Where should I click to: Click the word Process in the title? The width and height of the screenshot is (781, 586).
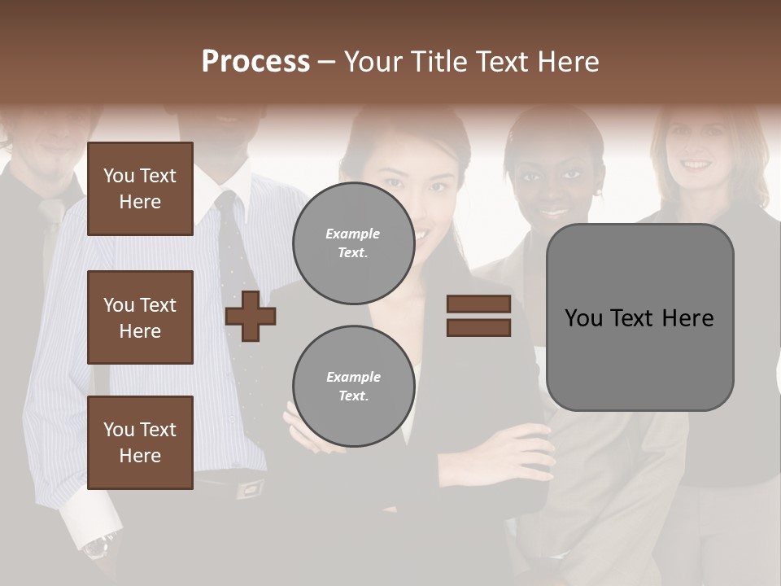click(255, 62)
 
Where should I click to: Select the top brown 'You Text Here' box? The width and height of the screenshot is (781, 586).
click(140, 189)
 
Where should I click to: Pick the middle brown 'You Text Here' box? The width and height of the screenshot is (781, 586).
click(140, 317)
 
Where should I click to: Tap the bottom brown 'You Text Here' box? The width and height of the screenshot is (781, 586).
click(140, 443)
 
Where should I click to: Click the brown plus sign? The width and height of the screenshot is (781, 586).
click(251, 316)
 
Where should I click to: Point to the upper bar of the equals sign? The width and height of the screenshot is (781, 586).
click(478, 304)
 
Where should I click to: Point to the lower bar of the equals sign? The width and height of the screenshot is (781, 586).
click(478, 328)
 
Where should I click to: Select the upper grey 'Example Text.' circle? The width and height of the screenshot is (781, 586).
click(353, 243)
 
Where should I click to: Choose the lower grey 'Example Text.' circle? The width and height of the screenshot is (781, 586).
click(353, 387)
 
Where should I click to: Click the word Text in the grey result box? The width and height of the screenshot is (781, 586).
click(639, 318)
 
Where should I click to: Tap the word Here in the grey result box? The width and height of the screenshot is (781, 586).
click(688, 318)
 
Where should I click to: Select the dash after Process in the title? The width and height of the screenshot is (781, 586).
click(327, 62)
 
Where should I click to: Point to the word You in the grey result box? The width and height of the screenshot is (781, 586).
click(584, 318)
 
